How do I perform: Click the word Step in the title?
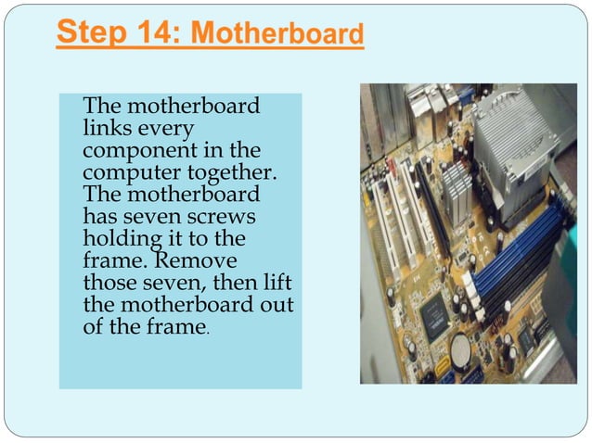91,33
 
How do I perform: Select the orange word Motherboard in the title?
277,32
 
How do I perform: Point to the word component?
140,151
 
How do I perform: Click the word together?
232,173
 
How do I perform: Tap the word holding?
122,239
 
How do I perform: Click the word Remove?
196,260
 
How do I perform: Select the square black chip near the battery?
435,318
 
